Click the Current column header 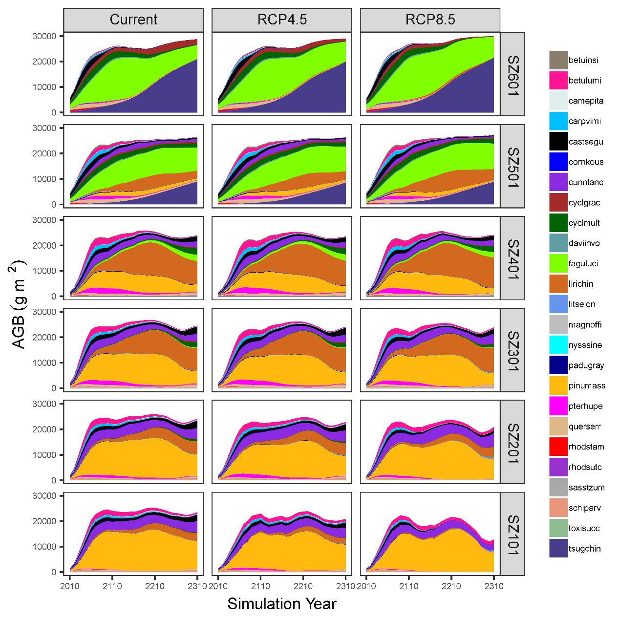click(x=133, y=20)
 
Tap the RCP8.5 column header click(x=430, y=20)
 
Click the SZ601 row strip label click(x=513, y=74)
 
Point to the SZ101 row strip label click(x=513, y=534)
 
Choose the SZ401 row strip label click(x=513, y=258)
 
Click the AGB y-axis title click(x=20, y=304)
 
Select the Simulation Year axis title click(x=282, y=604)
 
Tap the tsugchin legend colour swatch click(x=558, y=548)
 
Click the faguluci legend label click(x=583, y=263)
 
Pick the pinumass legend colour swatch click(x=558, y=385)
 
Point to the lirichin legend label click(x=581, y=284)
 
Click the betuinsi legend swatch click(x=558, y=60)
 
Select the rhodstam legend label click(x=586, y=447)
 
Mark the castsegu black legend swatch click(x=558, y=142)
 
